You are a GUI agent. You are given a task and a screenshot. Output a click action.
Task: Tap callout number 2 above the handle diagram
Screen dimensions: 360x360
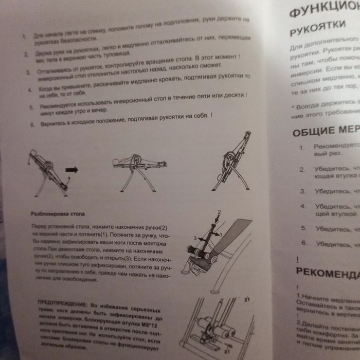tap(218, 211)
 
